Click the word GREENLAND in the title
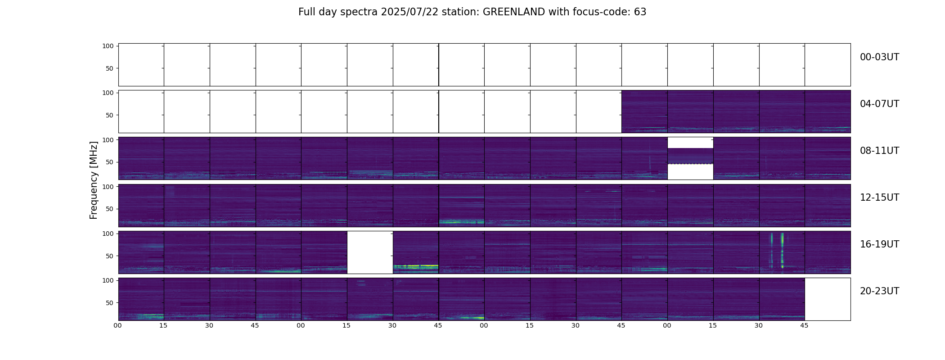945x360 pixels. [x=513, y=12]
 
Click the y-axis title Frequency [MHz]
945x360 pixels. [x=94, y=180]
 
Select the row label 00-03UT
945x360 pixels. [x=879, y=57]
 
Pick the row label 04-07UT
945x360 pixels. [x=879, y=104]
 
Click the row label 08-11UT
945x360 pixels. [x=879, y=151]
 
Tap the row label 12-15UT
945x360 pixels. [x=879, y=198]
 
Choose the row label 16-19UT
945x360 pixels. [x=879, y=244]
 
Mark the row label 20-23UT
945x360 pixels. [x=879, y=291]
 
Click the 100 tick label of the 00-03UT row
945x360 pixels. [x=108, y=46]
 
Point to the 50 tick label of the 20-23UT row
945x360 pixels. [x=109, y=303]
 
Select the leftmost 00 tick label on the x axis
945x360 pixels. [x=118, y=326]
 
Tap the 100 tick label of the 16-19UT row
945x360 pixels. [x=108, y=234]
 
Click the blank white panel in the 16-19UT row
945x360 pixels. [x=370, y=252]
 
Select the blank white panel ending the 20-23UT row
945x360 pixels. [x=827, y=299]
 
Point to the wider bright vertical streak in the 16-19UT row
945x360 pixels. [x=782, y=250]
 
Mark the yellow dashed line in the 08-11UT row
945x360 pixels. [x=690, y=164]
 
